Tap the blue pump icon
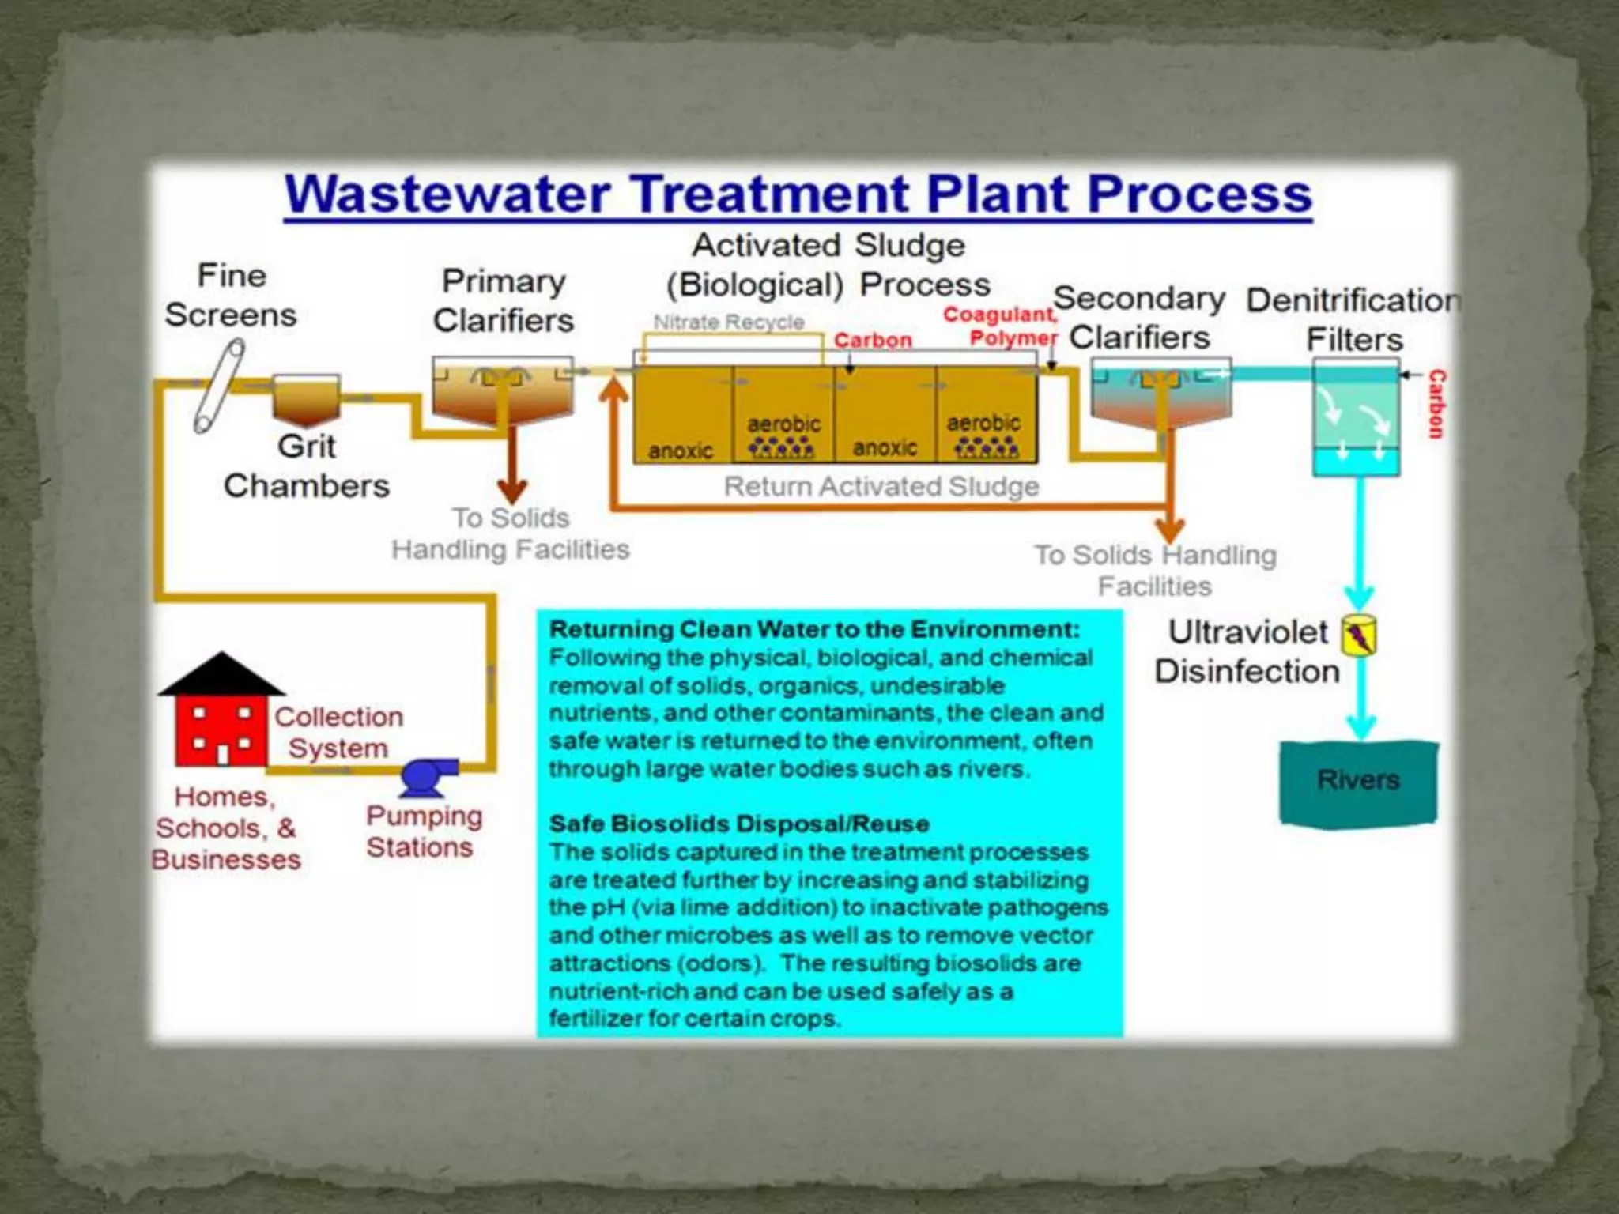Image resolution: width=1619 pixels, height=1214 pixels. pos(427,778)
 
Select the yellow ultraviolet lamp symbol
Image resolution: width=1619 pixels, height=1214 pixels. pos(1359,635)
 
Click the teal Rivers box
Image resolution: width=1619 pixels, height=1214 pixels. pos(1358,782)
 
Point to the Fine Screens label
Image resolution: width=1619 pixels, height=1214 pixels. pos(231,296)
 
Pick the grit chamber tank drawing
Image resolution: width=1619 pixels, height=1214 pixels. pos(306,398)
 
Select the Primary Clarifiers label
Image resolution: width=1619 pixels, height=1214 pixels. pos(504,301)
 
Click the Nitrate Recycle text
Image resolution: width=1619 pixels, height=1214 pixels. pos(728,322)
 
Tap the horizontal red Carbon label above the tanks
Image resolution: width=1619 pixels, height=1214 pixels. pos(873,341)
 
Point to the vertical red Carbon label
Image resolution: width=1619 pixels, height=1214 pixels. pos(1436,404)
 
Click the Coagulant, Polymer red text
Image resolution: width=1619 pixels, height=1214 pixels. pos(1001,326)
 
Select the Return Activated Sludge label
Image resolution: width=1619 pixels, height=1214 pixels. pos(881,486)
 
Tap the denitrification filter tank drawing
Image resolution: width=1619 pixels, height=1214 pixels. pos(1356,417)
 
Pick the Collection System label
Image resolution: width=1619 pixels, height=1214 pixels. pos(338,732)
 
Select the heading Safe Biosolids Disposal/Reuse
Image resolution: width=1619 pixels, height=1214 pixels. pos(739,824)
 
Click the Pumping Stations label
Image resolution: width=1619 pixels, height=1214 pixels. pos(424,831)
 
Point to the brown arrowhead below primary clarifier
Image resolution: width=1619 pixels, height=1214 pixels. pos(512,491)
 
